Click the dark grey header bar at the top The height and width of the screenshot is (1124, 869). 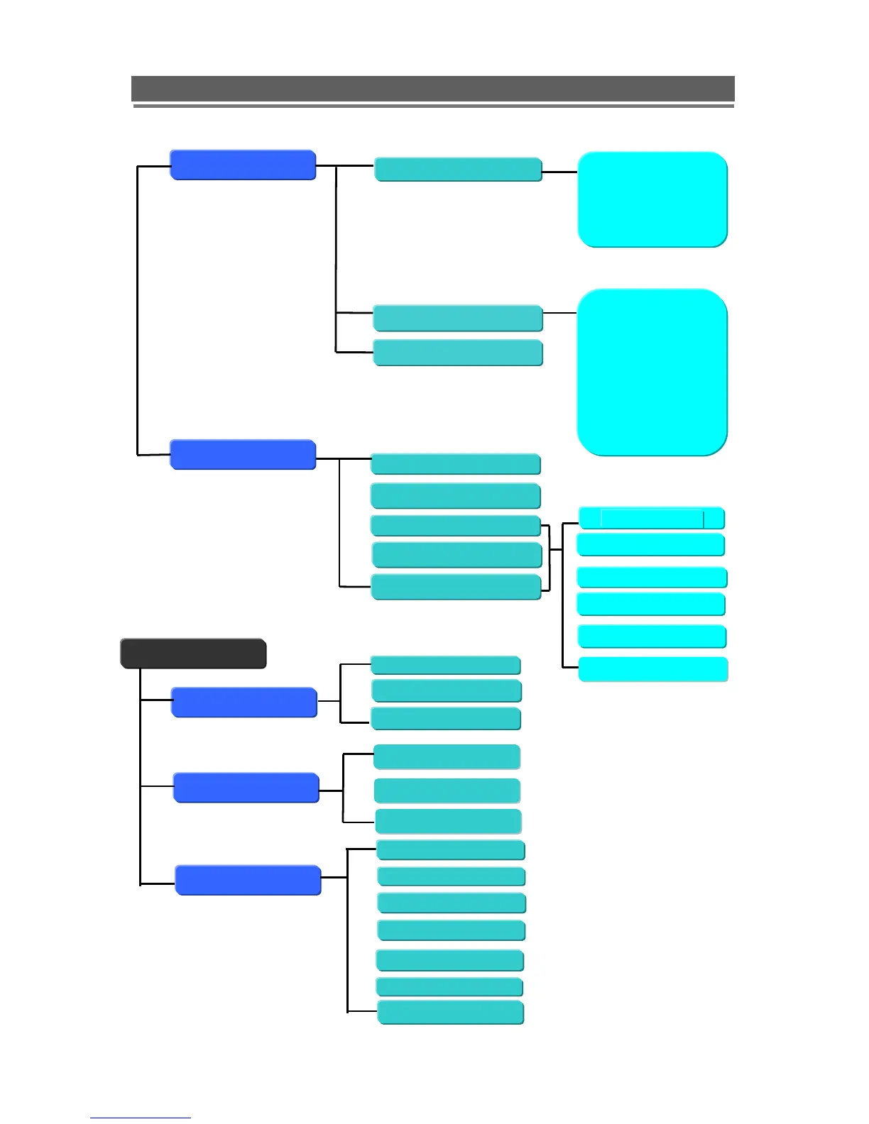[x=432, y=89]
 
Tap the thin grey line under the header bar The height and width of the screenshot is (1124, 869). [x=433, y=106]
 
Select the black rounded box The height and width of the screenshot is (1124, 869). [x=193, y=654]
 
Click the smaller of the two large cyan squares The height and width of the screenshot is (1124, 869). [x=652, y=199]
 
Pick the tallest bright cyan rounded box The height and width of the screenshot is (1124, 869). [x=652, y=372]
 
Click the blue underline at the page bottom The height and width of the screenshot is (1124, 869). [x=140, y=1118]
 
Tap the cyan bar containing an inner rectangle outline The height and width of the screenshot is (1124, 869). [x=652, y=519]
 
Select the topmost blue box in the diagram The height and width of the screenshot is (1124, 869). [x=243, y=165]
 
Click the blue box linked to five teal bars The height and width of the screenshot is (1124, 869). [x=243, y=455]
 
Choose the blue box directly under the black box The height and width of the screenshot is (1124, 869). [x=244, y=702]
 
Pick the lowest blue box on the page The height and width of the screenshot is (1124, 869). [x=248, y=880]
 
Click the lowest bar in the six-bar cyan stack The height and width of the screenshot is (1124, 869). [x=653, y=669]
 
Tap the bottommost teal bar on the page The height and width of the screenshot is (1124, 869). [x=451, y=1013]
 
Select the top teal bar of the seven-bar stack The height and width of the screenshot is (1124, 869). [x=450, y=849]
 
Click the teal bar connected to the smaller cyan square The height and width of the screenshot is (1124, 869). [x=458, y=170]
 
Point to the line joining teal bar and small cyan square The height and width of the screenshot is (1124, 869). [x=560, y=172]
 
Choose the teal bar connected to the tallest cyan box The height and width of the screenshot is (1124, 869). [x=458, y=318]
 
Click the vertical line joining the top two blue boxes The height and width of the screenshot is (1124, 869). [x=137, y=310]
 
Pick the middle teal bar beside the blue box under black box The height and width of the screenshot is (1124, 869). [x=446, y=690]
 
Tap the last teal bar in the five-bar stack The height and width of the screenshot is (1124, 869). [x=456, y=588]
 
